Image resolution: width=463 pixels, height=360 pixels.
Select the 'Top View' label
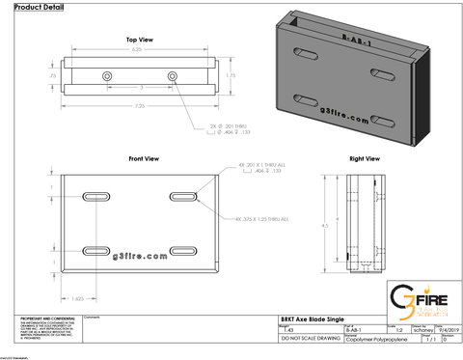coord(140,40)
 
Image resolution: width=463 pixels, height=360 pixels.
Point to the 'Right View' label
coord(364,157)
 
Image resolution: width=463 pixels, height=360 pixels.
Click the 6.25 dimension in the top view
coord(137,48)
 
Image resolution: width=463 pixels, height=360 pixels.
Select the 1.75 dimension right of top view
coord(231,74)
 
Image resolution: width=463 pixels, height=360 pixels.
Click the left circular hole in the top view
coord(106,75)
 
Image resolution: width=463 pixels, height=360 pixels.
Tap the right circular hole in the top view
coord(172,75)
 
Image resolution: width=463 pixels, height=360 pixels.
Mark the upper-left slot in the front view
coord(99,197)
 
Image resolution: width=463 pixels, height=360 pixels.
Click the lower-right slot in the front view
coord(182,250)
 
